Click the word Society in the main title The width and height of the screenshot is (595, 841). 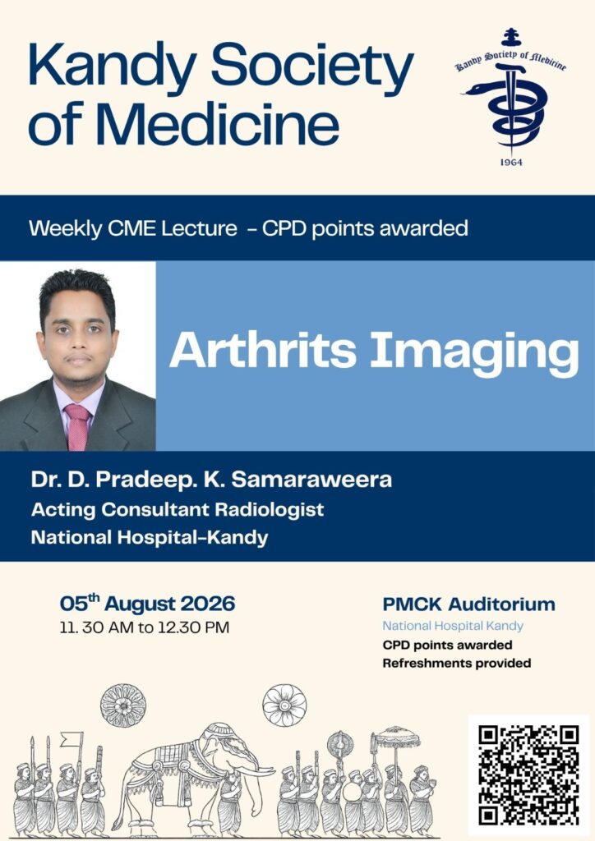click(312, 68)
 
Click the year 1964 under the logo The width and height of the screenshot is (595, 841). click(511, 162)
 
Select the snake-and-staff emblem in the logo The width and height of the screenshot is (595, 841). click(509, 108)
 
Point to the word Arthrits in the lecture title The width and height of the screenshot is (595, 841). click(263, 351)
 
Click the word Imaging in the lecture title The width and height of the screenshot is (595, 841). click(475, 354)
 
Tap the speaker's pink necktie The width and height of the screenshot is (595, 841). click(77, 426)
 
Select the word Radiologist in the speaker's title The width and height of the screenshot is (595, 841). click(270, 509)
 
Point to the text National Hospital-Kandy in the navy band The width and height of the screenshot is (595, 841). click(150, 537)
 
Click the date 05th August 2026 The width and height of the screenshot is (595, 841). click(148, 604)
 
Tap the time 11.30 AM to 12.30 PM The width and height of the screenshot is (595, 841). click(145, 627)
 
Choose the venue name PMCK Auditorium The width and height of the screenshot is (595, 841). click(469, 604)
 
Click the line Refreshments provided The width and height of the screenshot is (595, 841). click(457, 664)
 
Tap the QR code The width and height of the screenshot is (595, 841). click(529, 775)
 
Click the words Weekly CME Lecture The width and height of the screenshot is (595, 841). click(132, 228)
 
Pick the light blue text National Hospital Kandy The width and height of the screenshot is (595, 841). click(453, 626)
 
